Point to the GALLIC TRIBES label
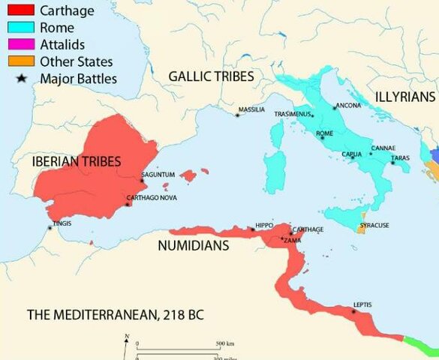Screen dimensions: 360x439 pyautogui.click(x=211, y=76)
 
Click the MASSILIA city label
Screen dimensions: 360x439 pyautogui.click(x=251, y=109)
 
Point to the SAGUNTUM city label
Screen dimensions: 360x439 pyautogui.click(x=158, y=175)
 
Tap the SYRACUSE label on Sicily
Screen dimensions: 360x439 pyautogui.click(x=374, y=225)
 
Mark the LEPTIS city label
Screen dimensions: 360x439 pyautogui.click(x=362, y=304)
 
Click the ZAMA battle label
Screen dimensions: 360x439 pyautogui.click(x=293, y=239)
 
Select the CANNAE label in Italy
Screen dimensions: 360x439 pyautogui.click(x=383, y=148)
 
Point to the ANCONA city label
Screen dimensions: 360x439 pyautogui.click(x=349, y=106)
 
